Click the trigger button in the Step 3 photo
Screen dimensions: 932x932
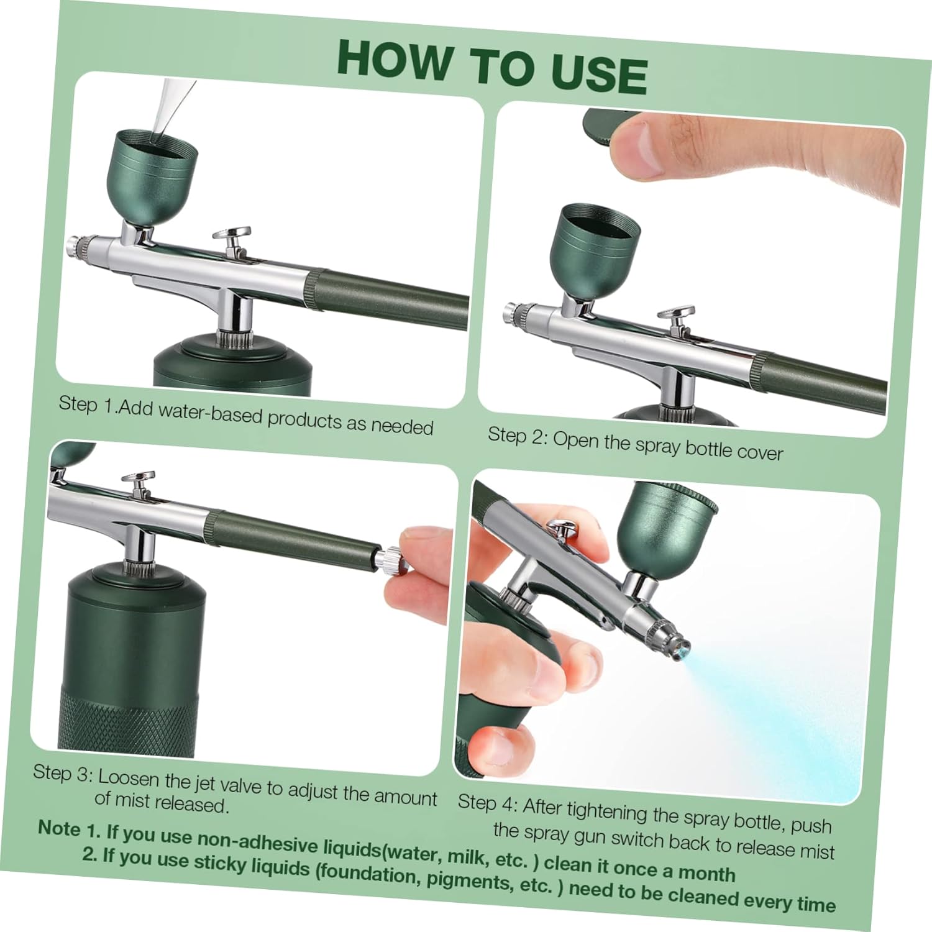pyautogui.click(x=138, y=479)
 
